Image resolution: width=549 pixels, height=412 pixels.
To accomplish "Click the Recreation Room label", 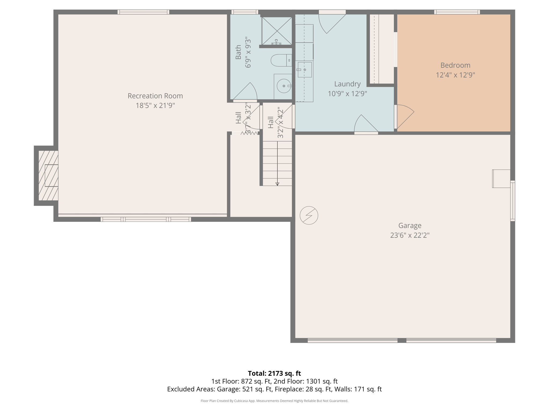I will coord(155,96).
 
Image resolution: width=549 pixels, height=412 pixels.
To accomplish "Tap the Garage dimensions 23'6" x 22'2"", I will coord(410,235).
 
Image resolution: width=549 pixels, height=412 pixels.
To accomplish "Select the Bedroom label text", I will coord(455,65).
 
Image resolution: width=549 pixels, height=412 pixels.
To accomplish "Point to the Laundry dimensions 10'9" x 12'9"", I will coord(347,94).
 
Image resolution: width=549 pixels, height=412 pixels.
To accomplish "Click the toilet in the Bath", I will coord(280,60).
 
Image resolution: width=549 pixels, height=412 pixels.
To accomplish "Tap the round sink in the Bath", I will coord(283,86).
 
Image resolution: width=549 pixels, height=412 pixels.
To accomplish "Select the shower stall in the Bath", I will coord(277,30).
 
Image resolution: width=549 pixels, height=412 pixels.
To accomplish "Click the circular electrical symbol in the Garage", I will coord(309,215).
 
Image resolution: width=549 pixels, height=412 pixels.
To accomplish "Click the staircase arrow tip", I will coord(277,184).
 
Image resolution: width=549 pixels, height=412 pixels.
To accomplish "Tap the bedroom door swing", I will coord(404,115).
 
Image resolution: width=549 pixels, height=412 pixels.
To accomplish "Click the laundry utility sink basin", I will coord(305,70).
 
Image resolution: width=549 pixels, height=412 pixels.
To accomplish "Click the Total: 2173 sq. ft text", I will coord(274,373).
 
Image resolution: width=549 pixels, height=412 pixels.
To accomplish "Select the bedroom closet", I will coord(382,49).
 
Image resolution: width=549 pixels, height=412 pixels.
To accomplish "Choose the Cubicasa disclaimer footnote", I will coord(274,401).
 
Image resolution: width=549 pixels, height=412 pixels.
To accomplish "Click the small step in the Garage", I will coord(501,179).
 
